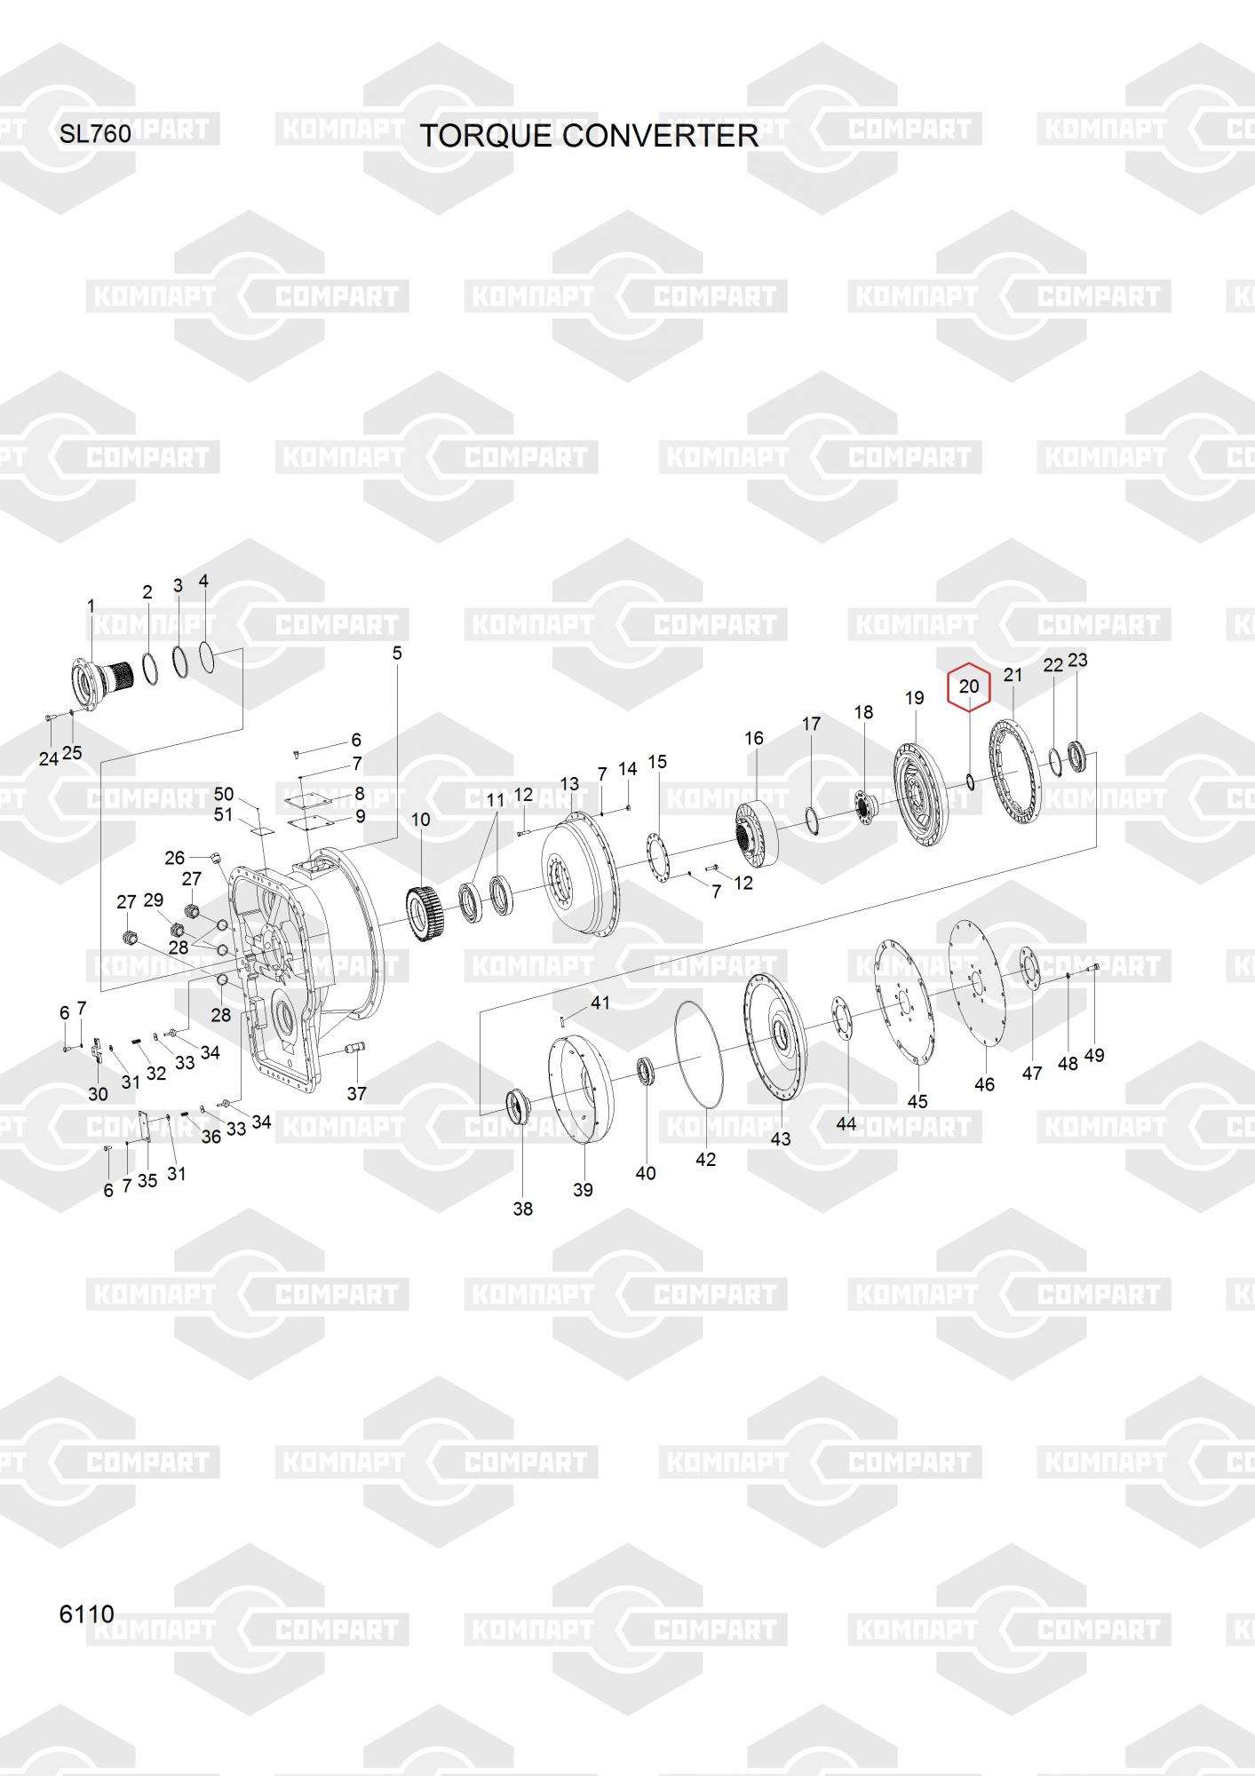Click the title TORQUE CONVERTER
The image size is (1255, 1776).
tap(588, 136)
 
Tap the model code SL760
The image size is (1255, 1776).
tap(95, 134)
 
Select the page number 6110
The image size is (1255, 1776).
tap(86, 1613)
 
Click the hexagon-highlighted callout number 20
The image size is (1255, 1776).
tap(968, 686)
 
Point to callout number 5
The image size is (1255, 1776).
tap(397, 653)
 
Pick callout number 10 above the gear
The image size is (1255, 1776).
tap(420, 819)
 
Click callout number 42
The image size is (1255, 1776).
tap(705, 1159)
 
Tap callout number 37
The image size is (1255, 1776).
tap(356, 1093)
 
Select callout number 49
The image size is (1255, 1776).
tap(1094, 1055)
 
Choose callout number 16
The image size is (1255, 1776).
tap(753, 738)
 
